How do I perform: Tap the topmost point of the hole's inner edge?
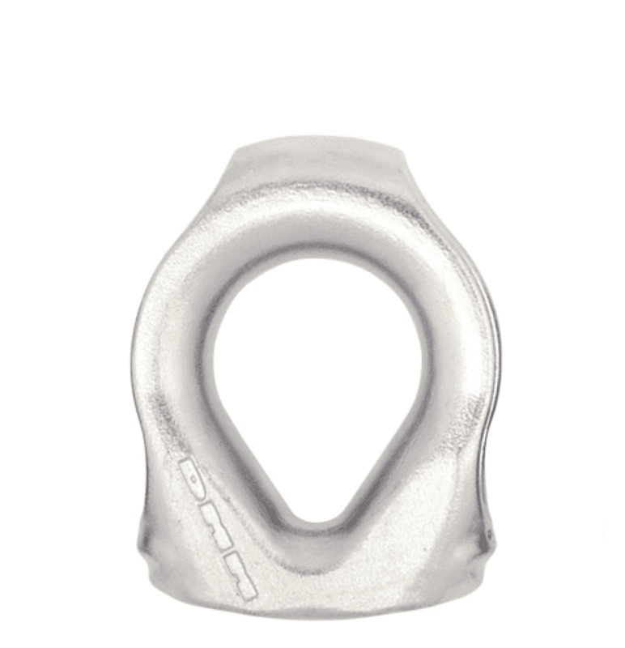(316, 258)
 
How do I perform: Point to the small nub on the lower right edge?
(488, 535)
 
